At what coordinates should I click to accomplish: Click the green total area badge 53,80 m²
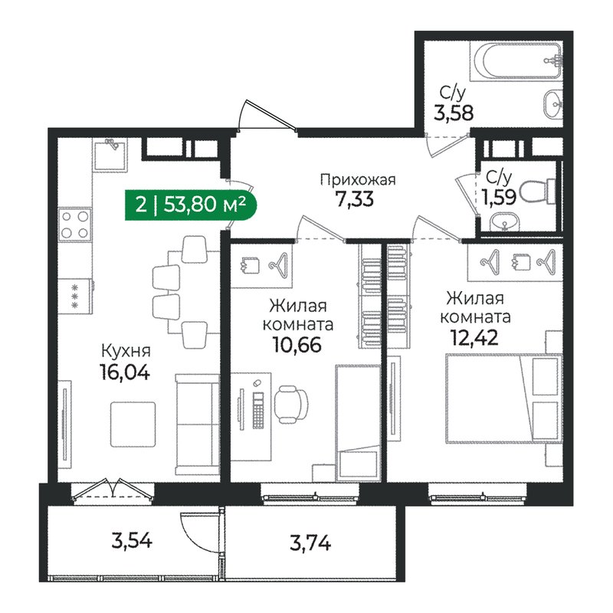[189, 205]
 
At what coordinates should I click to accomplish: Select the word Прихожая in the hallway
[357, 180]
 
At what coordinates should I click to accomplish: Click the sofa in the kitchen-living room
[195, 425]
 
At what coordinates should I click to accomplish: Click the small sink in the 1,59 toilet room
[503, 223]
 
